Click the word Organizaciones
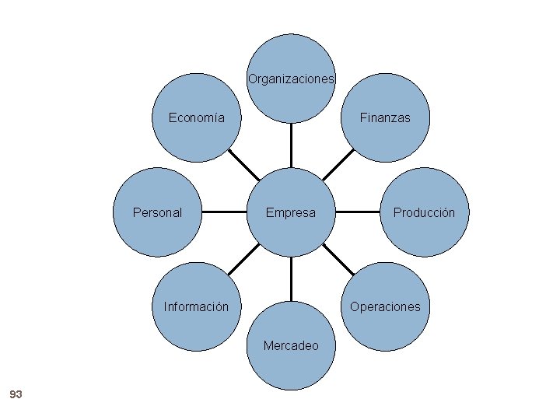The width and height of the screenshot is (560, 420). tap(291, 79)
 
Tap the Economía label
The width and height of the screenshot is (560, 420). tap(197, 118)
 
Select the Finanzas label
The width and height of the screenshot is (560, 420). tap(384, 118)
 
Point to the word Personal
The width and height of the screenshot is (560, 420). tap(157, 212)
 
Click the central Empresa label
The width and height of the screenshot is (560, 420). tap(291, 212)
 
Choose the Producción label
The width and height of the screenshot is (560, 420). tap(424, 212)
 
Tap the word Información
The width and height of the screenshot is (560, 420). tap(196, 306)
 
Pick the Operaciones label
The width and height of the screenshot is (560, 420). tap(384, 306)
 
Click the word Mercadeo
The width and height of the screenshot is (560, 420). tap(291, 345)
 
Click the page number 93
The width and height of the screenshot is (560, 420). tap(16, 395)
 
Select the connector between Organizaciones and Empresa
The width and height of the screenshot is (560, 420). tap(291, 145)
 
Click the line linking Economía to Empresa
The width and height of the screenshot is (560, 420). tap(244, 165)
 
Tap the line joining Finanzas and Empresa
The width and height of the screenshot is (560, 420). tap(337, 165)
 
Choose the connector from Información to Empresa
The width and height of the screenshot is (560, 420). tap(244, 259)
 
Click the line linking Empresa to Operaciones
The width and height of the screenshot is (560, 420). tap(338, 259)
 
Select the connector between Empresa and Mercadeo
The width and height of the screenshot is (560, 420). tap(291, 278)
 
